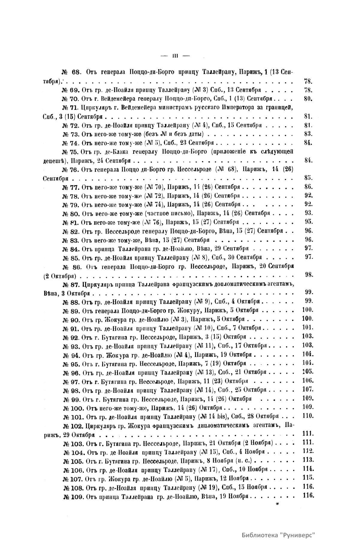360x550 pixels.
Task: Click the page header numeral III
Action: (175, 55)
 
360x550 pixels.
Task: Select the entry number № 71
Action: (70, 108)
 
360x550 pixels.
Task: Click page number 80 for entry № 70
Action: (308, 98)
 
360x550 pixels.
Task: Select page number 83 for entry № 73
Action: (308, 134)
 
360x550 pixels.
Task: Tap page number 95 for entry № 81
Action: (308, 222)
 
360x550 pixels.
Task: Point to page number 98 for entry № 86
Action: (309, 275)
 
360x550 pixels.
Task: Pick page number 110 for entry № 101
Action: (308, 416)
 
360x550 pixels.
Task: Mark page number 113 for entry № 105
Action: (308, 460)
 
